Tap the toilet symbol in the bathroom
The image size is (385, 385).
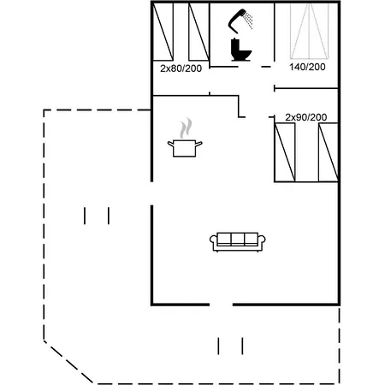pyautogui.click(x=240, y=50)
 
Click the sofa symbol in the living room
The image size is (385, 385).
pyautogui.click(x=238, y=242)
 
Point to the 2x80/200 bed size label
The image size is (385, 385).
pyautogui.click(x=181, y=68)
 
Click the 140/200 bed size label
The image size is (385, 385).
pyautogui.click(x=307, y=67)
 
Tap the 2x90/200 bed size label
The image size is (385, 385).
pyautogui.click(x=306, y=117)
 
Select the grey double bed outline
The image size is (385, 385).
pyautogui.click(x=309, y=32)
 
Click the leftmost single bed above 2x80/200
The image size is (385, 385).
pyautogui.click(x=163, y=32)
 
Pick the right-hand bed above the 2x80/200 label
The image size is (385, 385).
pyautogui.click(x=198, y=32)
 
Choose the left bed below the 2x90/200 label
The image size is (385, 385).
pyautogui.click(x=285, y=152)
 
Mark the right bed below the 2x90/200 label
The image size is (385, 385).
pyautogui.click(x=329, y=152)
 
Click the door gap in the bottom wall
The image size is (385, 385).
pyautogui.click(x=221, y=305)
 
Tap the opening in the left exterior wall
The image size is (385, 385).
pyautogui.click(x=151, y=193)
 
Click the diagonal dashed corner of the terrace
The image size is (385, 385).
pyautogui.click(x=68, y=362)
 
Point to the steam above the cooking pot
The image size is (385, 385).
pyautogui.click(x=186, y=128)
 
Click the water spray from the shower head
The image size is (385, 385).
pyautogui.click(x=249, y=20)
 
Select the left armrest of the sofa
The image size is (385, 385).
pyautogui.click(x=213, y=240)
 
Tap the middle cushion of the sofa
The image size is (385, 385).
pyautogui.click(x=238, y=239)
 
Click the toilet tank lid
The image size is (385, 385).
pyautogui.click(x=234, y=39)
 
